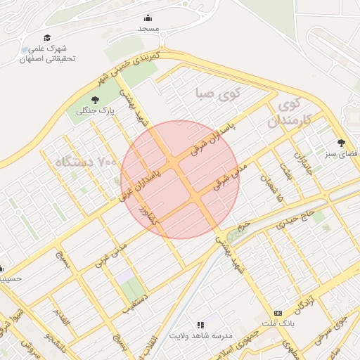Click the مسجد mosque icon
148,18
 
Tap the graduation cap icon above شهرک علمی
47,38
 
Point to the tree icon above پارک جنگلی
96,100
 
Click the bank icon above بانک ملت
278,312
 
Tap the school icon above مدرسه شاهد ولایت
200,325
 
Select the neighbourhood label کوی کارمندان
290,113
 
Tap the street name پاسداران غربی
141,185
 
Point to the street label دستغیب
137,298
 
